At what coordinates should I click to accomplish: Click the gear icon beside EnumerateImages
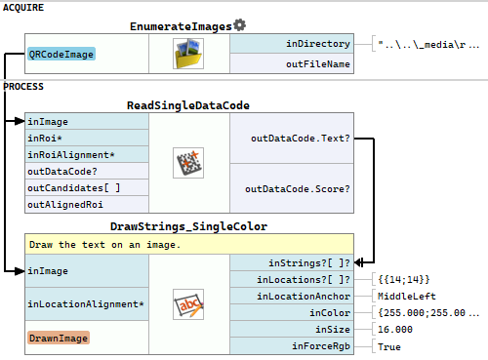tap(239, 25)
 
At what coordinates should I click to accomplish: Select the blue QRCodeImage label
tap(61, 54)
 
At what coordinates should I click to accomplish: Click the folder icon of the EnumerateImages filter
tap(188, 54)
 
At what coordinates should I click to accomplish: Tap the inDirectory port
tap(318, 44)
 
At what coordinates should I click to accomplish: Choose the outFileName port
tap(318, 64)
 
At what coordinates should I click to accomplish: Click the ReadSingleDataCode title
tap(188, 105)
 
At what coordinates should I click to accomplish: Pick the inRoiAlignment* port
tap(71, 155)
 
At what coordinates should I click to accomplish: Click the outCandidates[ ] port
tap(74, 188)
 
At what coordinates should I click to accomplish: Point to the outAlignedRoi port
tap(65, 205)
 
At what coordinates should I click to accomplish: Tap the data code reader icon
tap(188, 163)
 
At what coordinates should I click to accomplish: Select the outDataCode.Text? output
tap(301, 139)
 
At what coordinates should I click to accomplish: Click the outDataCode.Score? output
tap(298, 189)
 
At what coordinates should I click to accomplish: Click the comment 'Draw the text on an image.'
tap(104, 245)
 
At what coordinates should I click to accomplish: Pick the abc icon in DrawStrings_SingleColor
tap(188, 304)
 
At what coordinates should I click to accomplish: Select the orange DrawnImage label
tap(59, 338)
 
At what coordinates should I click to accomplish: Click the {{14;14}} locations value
tap(404, 279)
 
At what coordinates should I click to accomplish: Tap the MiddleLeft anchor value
tap(407, 297)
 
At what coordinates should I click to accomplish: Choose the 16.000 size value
tap(395, 330)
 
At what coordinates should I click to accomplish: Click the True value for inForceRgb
tap(389, 346)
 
